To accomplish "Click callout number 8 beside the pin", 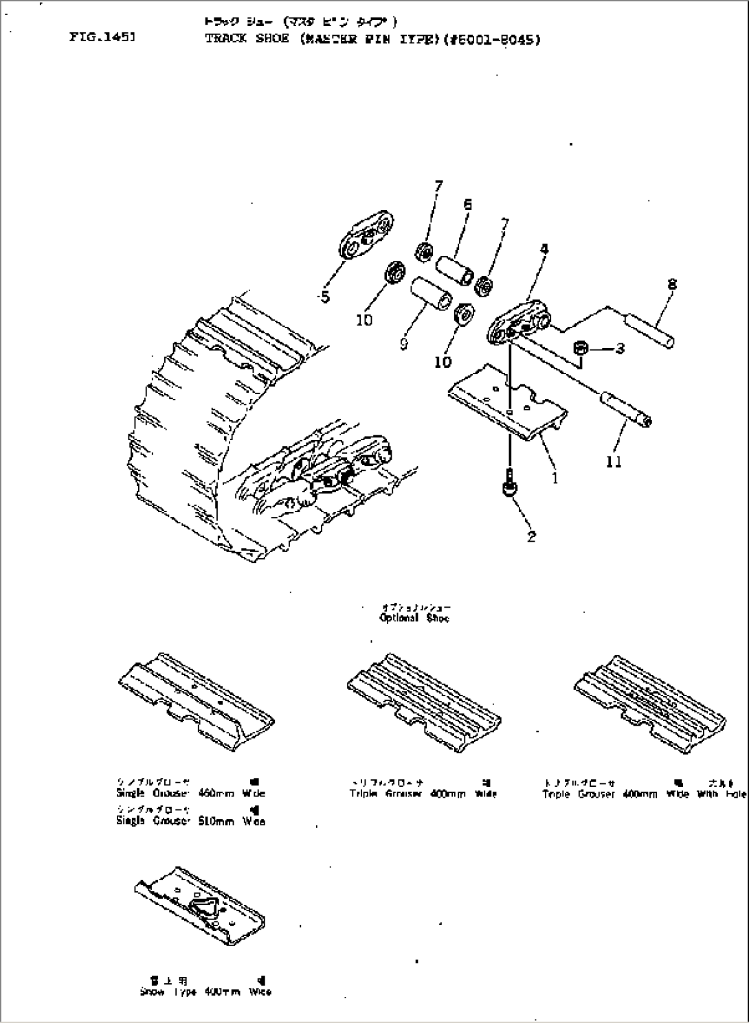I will (671, 284).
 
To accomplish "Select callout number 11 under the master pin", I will (614, 462).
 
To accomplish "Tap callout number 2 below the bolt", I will (531, 537).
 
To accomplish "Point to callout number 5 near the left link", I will (325, 297).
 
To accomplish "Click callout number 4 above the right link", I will (544, 250).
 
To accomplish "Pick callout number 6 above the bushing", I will (467, 204).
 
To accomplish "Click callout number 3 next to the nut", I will (620, 349).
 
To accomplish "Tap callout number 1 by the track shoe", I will (555, 476).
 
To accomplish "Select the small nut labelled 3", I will (579, 349).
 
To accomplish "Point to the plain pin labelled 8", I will (649, 330).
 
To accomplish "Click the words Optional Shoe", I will (414, 618).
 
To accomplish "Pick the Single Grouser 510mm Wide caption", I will (190, 821).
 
